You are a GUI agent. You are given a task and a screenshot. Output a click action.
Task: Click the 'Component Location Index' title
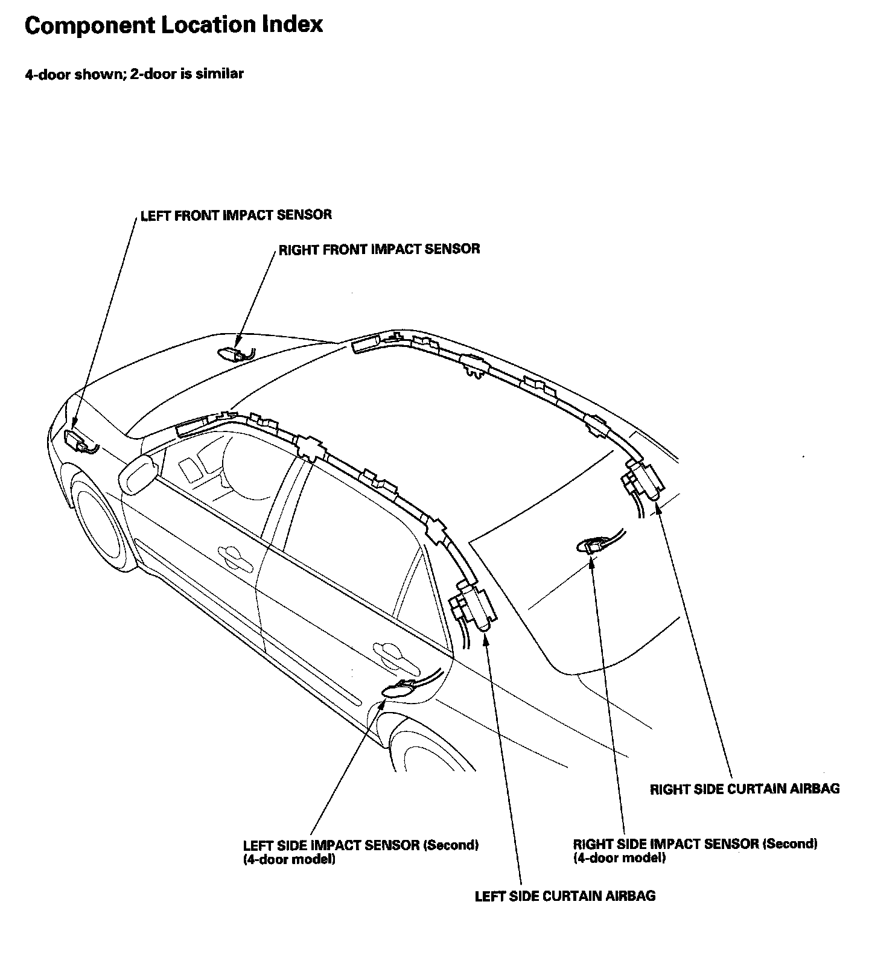coord(174,25)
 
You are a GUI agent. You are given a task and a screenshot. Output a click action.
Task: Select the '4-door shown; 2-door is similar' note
coord(134,74)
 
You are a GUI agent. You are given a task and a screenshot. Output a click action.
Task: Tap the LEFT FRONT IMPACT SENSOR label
coord(236,215)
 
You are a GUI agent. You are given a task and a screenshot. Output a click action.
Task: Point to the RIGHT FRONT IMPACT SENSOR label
coord(379,249)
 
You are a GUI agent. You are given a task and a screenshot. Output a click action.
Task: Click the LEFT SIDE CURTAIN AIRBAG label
coord(565,896)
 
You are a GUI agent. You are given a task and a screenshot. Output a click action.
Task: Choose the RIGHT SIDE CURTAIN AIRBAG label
coord(745,789)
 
